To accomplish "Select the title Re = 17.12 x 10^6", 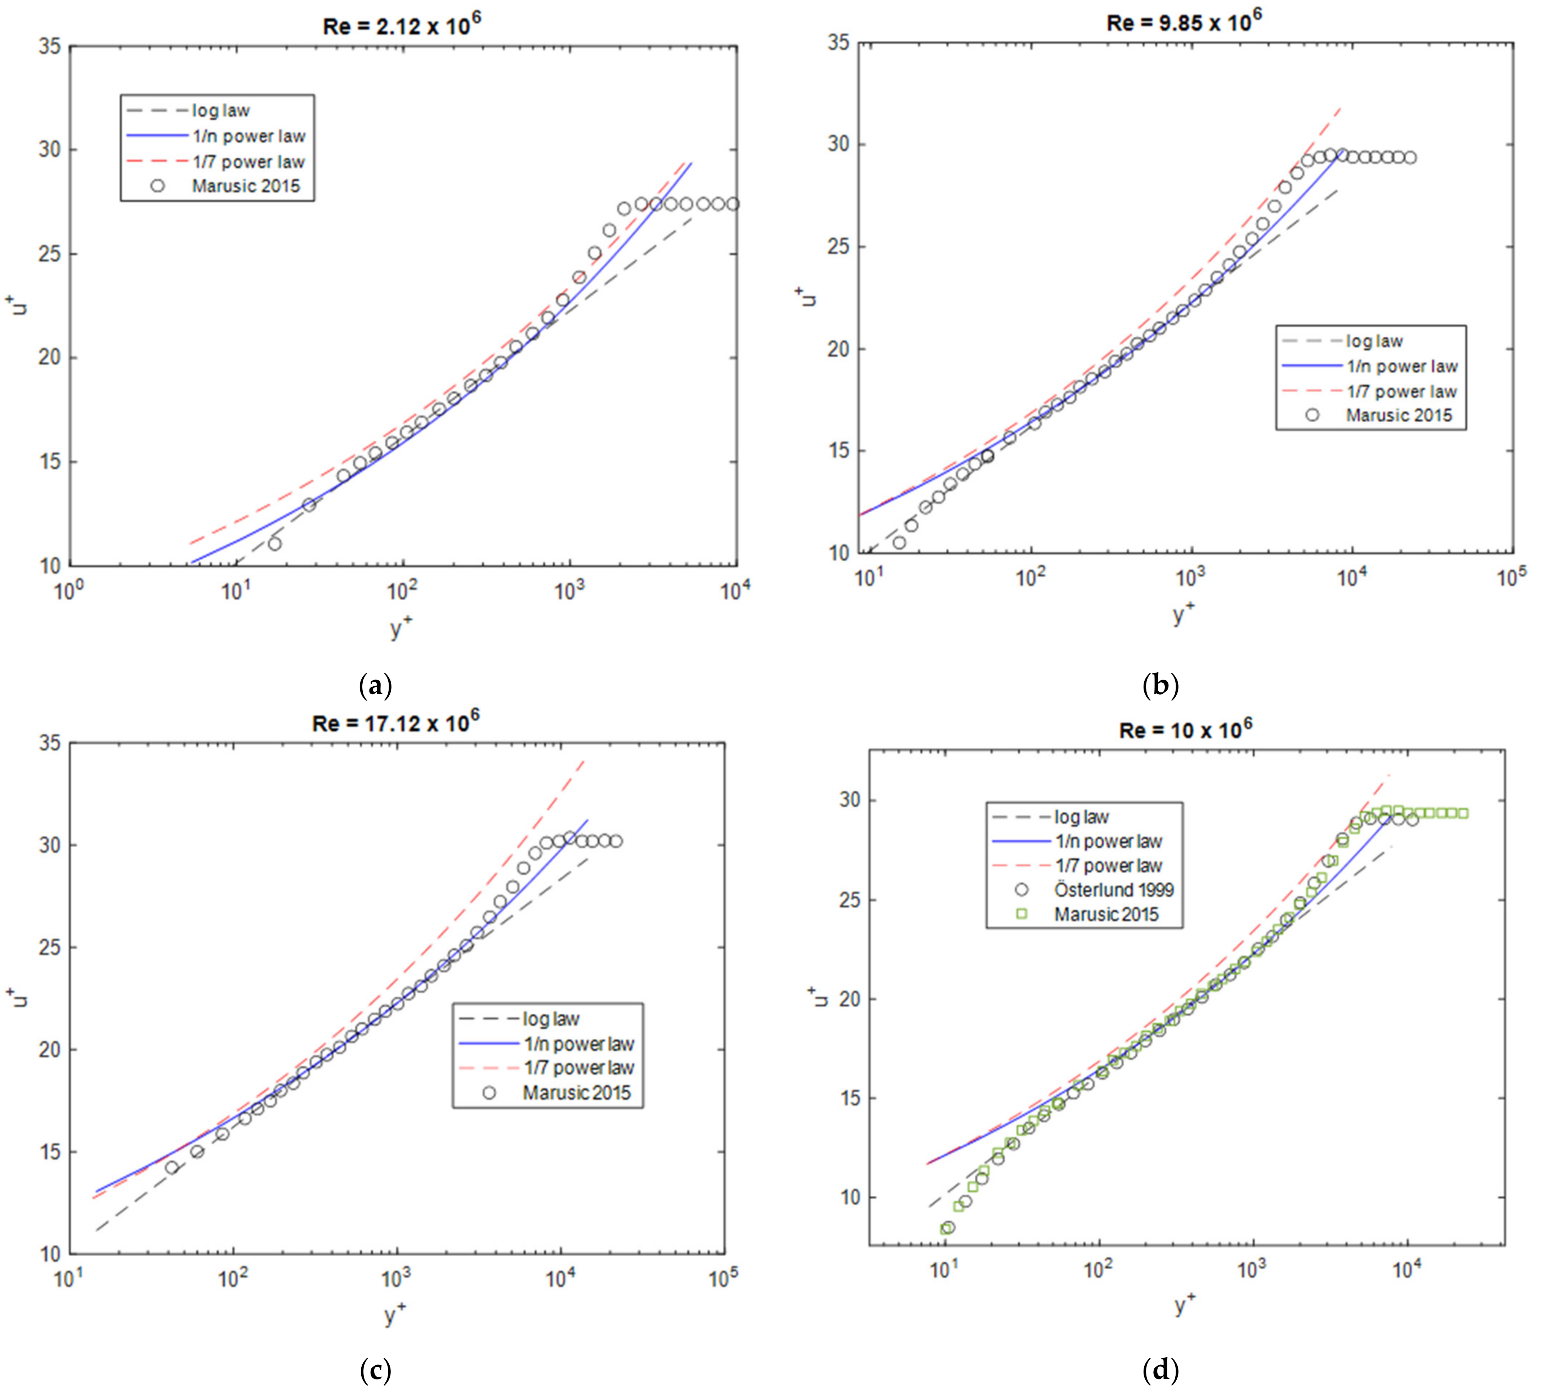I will click(395, 722).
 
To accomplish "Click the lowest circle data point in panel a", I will click(274, 543).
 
